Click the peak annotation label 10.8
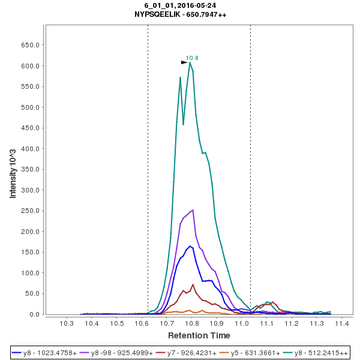coord(192,58)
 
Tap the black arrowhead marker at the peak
coord(184,62)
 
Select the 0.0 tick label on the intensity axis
coord(35,314)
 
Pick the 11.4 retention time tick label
coord(342,323)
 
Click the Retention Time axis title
coord(199,335)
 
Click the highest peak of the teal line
coord(190,62)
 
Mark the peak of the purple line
coord(193,210)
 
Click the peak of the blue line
coord(190,246)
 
